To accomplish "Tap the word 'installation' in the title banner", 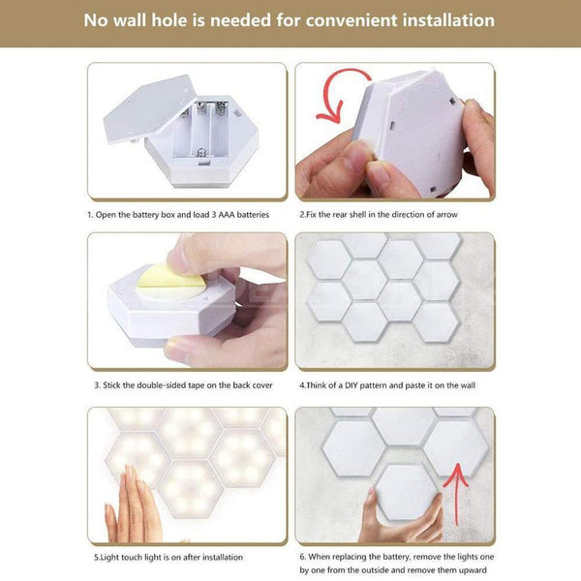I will [444, 20].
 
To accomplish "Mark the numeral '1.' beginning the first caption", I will [90, 214].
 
